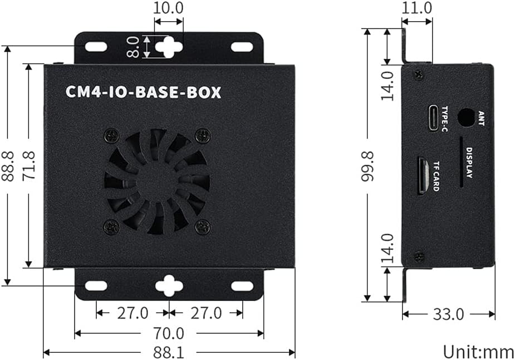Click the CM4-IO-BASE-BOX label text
[x=144, y=92]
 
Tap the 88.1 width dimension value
[x=169, y=353]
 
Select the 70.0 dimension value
[x=169, y=333]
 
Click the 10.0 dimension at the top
[x=169, y=8]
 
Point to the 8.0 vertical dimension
[x=133, y=47]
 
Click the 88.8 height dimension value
[x=8, y=166]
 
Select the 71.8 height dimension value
[x=28, y=166]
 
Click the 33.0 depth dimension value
[x=448, y=314]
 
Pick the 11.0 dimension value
[x=416, y=8]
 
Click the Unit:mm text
[x=478, y=351]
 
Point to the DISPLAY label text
[x=469, y=163]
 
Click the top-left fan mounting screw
[x=112, y=135]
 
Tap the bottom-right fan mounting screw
[x=203, y=226]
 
